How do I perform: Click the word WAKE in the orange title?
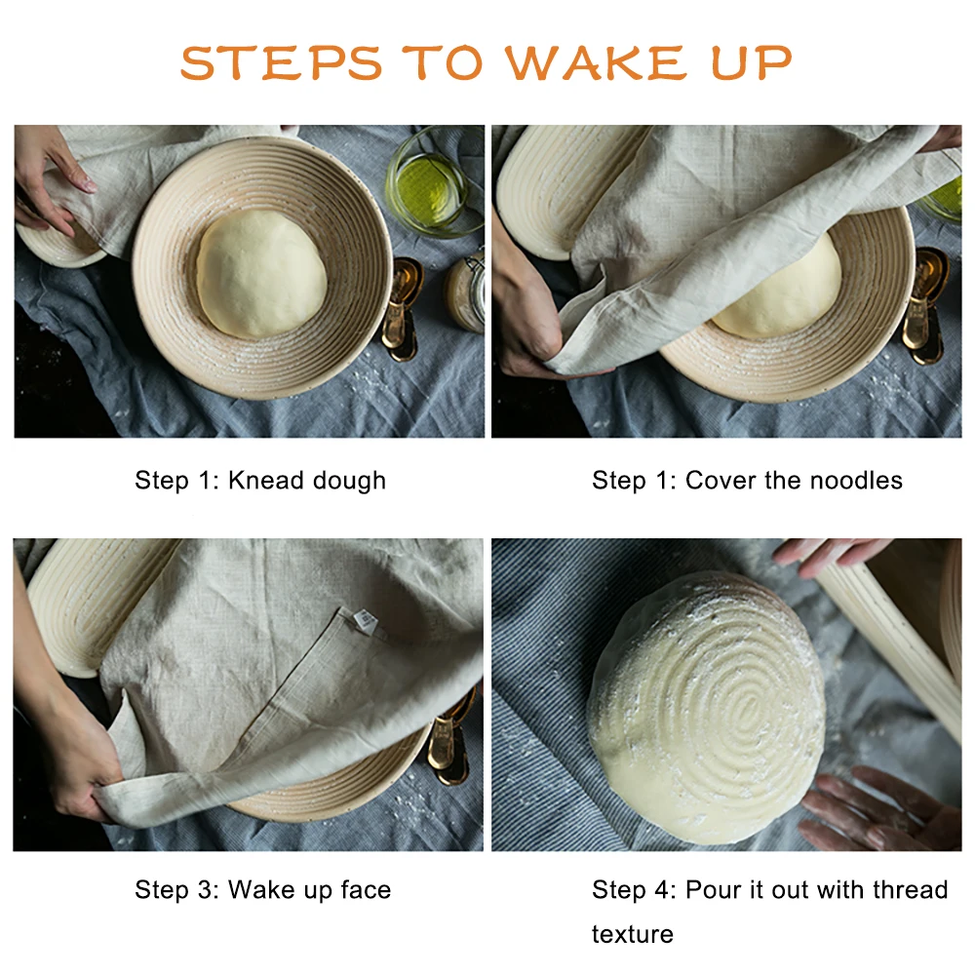coord(597,62)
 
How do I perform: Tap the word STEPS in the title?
coord(281,62)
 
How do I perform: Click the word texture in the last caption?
coord(633,934)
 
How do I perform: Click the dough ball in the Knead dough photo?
coord(261,274)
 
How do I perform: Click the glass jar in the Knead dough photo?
coord(466,292)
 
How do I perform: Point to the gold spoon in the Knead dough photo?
coord(402,309)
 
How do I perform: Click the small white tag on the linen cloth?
coord(365,620)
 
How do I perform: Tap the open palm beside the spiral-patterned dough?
coord(883,808)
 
